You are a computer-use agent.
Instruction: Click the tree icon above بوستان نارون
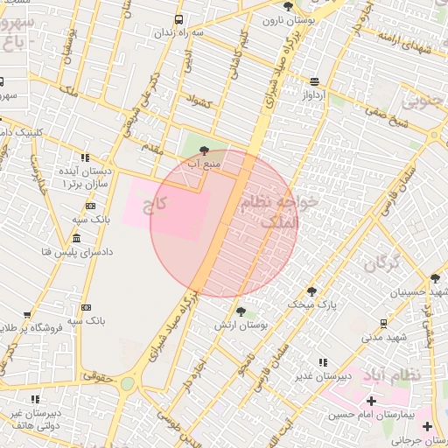(288, 6)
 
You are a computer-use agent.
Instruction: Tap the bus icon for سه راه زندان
(179, 19)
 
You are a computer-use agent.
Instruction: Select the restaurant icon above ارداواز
(314, 80)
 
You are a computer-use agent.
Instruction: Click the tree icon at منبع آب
(205, 150)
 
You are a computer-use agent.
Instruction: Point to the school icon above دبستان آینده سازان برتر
(85, 157)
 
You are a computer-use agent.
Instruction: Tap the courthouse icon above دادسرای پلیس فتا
(76, 238)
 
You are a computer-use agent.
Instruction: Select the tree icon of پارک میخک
(311, 290)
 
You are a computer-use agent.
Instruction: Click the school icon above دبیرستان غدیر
(323, 362)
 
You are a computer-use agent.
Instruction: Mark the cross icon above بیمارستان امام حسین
(371, 401)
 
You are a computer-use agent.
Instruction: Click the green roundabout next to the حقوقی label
(128, 383)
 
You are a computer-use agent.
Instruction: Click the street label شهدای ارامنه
(402, 41)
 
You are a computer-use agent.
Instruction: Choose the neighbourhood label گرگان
(382, 262)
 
